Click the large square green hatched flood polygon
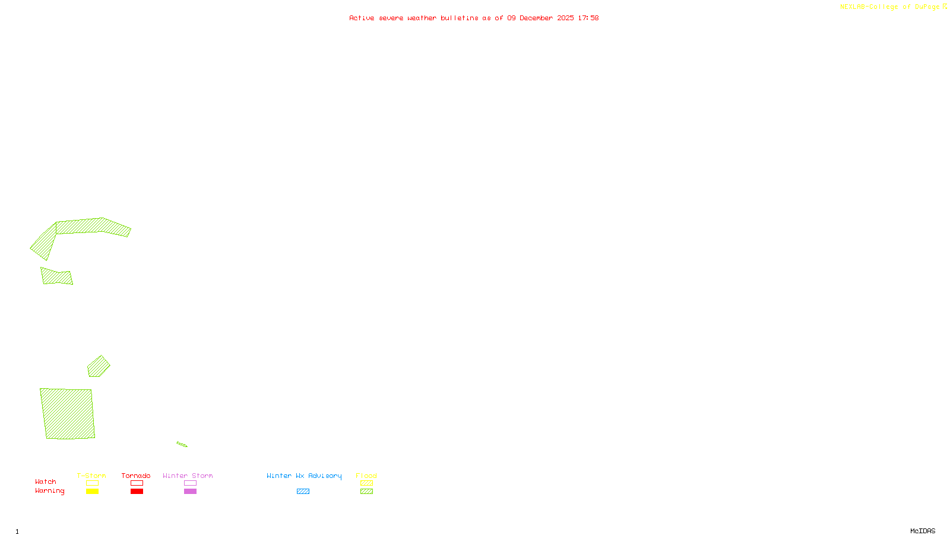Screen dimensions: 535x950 [x=68, y=414]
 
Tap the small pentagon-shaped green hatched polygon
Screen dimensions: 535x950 [x=98, y=367]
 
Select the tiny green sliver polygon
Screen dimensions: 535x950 [x=182, y=444]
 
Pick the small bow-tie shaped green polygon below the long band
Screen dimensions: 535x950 [x=57, y=277]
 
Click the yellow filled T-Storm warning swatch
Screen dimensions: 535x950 [x=92, y=492]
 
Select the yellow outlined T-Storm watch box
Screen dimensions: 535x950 [x=92, y=483]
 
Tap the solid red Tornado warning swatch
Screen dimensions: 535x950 [x=137, y=492]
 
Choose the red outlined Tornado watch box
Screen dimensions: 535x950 [x=137, y=483]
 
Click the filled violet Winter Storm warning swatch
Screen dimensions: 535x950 [x=190, y=492]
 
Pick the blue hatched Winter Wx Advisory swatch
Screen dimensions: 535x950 [x=303, y=492]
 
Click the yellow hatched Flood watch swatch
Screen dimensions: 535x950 [x=366, y=483]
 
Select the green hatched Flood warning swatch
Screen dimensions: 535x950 [x=366, y=492]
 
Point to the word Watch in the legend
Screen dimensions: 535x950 [x=46, y=482]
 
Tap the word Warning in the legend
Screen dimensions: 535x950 [x=49, y=491]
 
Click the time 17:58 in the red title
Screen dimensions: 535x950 [x=588, y=18]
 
